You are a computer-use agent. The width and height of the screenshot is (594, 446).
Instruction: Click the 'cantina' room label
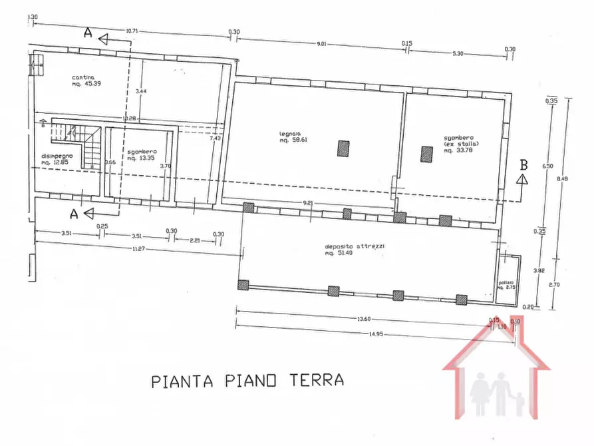[x=84, y=78]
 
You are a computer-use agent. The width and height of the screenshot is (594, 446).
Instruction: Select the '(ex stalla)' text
[x=462, y=144]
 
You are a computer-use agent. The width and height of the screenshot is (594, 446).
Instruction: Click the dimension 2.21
[x=195, y=240]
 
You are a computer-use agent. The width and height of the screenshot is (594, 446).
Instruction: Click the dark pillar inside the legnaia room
[x=343, y=148]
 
